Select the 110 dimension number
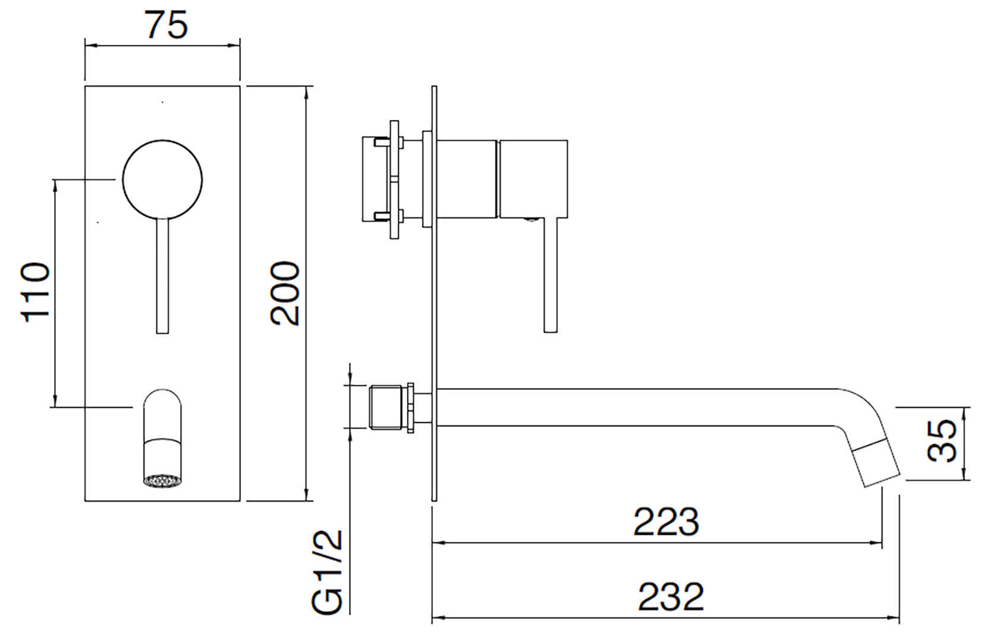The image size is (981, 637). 34,292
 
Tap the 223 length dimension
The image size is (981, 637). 666,522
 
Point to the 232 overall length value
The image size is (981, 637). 671,597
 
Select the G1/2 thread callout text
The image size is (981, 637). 327,572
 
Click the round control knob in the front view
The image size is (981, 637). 162,179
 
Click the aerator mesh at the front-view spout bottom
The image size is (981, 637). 161,480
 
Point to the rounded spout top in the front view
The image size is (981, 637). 162,402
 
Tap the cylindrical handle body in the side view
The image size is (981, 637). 533,178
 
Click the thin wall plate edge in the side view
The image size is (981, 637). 434,297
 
